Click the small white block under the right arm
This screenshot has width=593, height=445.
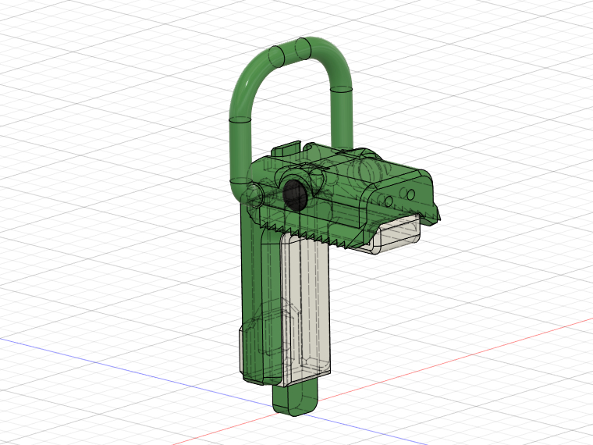tap(398, 234)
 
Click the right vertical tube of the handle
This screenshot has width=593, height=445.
tap(343, 117)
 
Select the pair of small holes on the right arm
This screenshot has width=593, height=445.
tap(408, 193)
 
